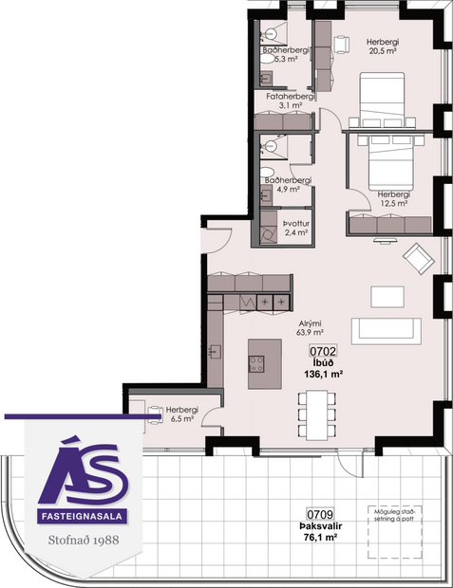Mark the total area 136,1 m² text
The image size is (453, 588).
coord(323,374)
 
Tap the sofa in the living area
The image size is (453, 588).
coord(386,331)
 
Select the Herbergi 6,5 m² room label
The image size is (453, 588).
coord(180,413)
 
